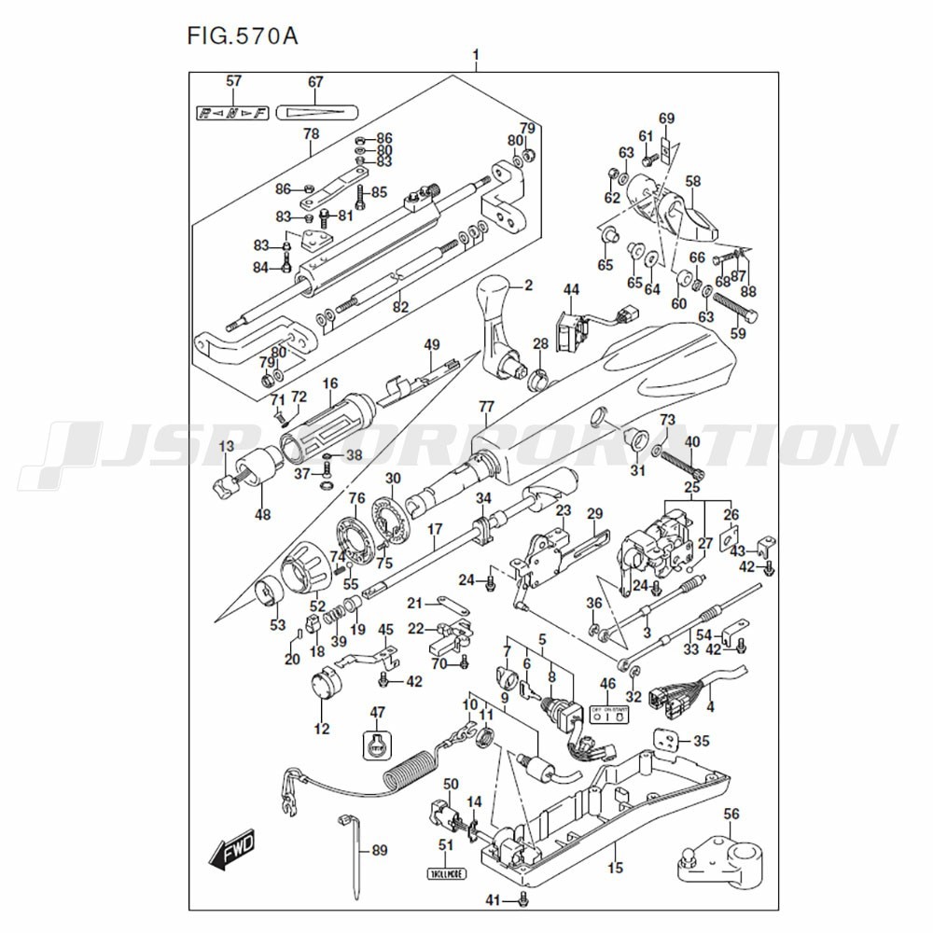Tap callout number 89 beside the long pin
(x=379, y=850)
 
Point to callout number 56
(x=731, y=815)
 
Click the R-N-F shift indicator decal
(x=232, y=113)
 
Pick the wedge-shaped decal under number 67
(x=316, y=111)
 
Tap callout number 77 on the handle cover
(x=485, y=406)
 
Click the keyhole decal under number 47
(x=376, y=745)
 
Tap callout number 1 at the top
(x=476, y=55)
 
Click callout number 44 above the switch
(x=570, y=288)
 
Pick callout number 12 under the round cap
(x=322, y=729)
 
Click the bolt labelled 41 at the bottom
(x=522, y=899)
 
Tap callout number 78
(x=311, y=133)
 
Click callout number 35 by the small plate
(x=702, y=742)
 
